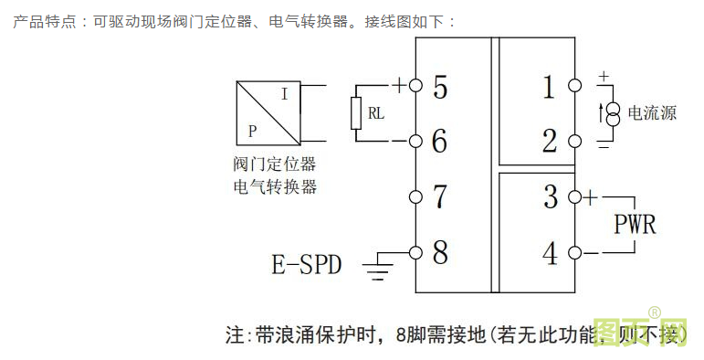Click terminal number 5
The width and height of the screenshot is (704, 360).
(440, 88)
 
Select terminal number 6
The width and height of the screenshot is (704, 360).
(440, 142)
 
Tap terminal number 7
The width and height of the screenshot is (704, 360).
(440, 196)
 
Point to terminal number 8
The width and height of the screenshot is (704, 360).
(440, 251)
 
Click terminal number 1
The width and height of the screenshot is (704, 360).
(549, 88)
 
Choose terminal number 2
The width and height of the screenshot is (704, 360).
(549, 142)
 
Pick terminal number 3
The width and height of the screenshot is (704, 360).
(550, 196)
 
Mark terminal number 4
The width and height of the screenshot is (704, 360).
(550, 251)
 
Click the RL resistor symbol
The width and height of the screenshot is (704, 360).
(357, 114)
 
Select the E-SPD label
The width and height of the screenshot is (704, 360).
(307, 265)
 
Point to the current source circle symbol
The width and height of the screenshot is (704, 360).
(614, 113)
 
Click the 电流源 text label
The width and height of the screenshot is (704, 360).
(652, 114)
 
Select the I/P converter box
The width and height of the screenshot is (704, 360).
(267, 112)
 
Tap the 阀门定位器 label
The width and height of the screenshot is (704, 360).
(275, 165)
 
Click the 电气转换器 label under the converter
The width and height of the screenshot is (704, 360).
(275, 186)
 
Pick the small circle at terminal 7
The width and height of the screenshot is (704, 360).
(415, 196)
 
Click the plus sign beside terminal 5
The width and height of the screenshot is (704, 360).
(399, 86)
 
